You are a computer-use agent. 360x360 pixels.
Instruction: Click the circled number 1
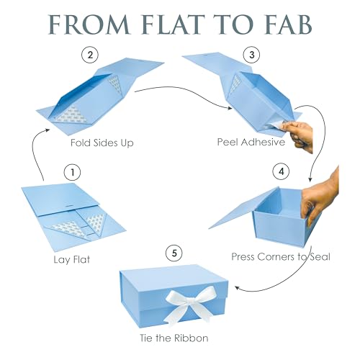coord(73,172)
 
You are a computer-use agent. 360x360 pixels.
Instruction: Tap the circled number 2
coord(90,55)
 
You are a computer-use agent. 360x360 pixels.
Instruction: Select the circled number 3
coord(252,55)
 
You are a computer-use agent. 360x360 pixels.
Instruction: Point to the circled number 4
coord(282,171)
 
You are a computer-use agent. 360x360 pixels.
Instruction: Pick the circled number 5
coord(174,253)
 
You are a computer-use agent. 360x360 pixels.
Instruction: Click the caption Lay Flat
coord(72,260)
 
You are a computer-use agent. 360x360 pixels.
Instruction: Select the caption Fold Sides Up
coord(102,143)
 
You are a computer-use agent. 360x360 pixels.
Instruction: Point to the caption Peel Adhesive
coord(251,142)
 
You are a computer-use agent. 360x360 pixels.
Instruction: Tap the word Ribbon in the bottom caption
coord(191,338)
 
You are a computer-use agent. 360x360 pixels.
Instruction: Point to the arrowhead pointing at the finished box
coord(237,287)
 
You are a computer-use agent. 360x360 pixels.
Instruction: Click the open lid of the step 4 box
coord(243,208)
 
